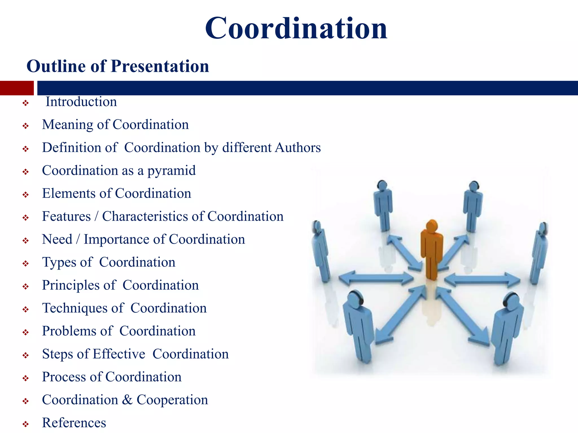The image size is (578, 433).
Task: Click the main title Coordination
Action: point(296,28)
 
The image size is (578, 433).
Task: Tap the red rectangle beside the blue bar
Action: point(17,88)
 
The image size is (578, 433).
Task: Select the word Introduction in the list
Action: point(81,102)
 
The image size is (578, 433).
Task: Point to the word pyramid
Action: point(171,171)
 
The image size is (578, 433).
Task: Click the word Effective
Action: point(119,354)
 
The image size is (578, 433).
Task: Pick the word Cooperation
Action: point(172,400)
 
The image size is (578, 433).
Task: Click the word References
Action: point(74,423)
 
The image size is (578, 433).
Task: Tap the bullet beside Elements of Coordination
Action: point(26,195)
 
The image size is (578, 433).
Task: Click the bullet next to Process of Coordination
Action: point(26,378)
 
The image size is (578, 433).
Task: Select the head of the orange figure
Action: point(432,225)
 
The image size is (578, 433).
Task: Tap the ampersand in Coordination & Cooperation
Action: point(127,400)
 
